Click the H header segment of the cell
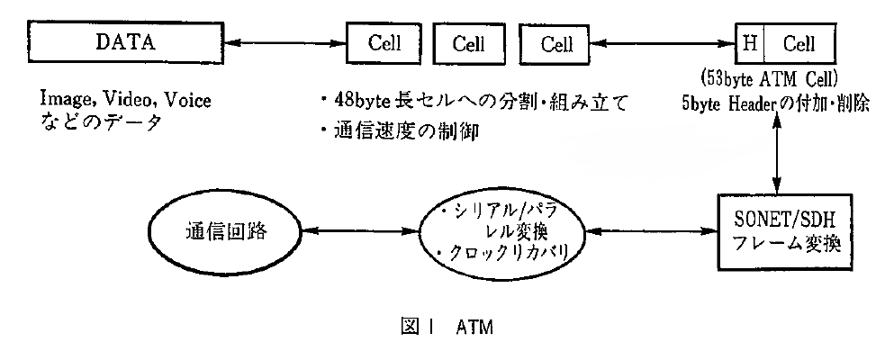749,41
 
